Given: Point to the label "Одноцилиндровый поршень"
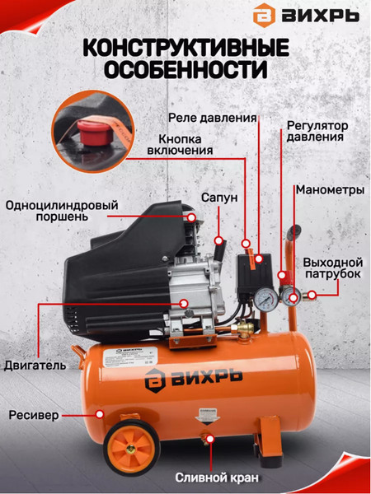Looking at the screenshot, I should (59, 212).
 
